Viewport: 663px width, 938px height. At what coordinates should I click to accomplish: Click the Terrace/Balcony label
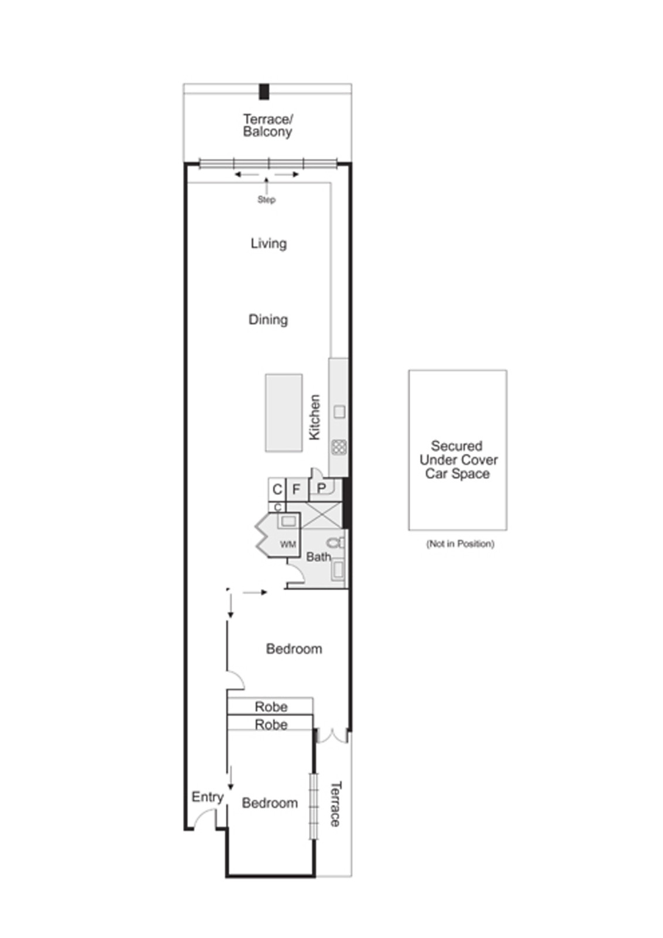pos(267,125)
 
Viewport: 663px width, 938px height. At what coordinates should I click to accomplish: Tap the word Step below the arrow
pos(266,200)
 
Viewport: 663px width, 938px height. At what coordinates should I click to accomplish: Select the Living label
pos(268,243)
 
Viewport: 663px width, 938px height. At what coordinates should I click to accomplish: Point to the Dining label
pos(268,320)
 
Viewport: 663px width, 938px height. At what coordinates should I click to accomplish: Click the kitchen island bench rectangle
pos(284,413)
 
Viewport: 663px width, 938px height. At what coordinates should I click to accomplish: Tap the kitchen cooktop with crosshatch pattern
pos(339,447)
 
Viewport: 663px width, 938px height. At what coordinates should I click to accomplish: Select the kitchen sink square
pos(339,412)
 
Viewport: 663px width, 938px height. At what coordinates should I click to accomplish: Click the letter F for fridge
pos(296,489)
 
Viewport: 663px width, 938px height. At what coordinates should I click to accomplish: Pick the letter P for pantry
pos(321,488)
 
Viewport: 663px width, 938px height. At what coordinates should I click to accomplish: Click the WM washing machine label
pos(287,545)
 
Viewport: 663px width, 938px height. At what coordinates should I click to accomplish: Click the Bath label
pos(318,557)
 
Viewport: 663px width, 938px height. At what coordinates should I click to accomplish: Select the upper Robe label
pos(271,706)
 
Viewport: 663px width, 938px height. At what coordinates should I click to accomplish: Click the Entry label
pos(208,797)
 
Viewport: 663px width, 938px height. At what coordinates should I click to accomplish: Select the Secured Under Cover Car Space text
pos(458,460)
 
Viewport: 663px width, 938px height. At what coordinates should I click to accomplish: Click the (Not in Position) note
pos(460,544)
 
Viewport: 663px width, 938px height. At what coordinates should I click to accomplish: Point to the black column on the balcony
pos(264,91)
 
